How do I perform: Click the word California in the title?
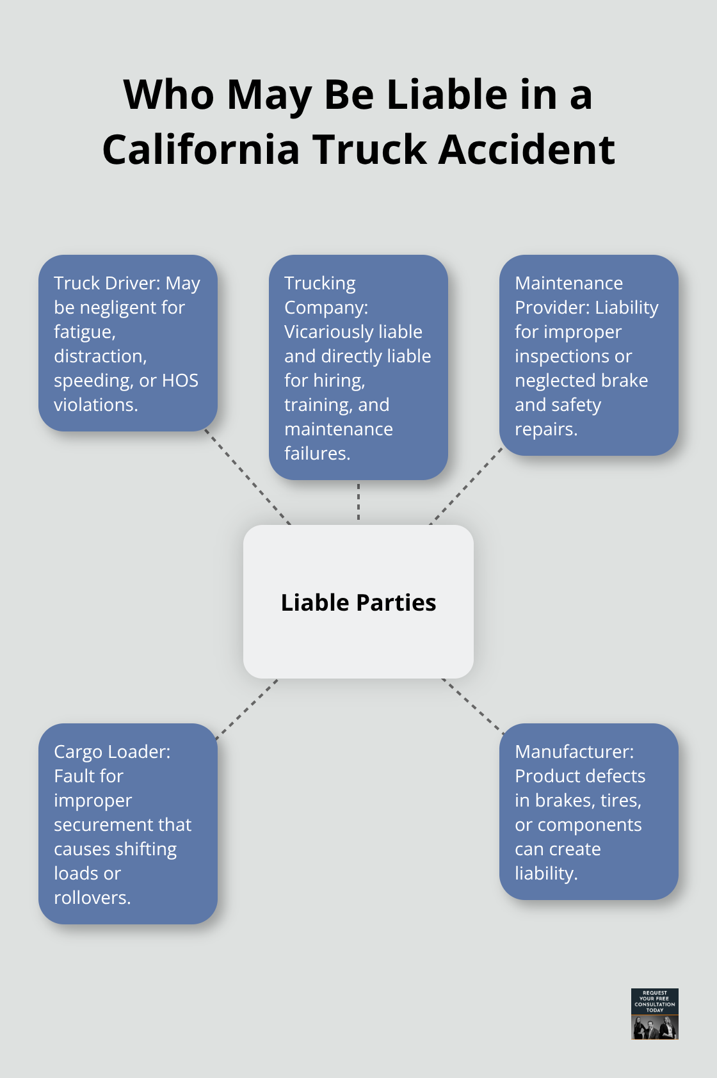point(201,150)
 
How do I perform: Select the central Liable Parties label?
point(358,602)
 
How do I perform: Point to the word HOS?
point(180,380)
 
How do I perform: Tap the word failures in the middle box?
point(316,453)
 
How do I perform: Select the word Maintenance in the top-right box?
point(568,283)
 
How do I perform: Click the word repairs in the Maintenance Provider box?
point(545,429)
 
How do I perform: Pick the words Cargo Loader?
point(111,752)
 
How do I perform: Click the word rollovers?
point(92,897)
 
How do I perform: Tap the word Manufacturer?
point(574,752)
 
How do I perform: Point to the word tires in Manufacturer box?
point(620,800)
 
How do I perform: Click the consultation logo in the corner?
point(654,1013)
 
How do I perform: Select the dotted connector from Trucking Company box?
point(358,502)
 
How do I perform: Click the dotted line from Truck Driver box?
point(248,477)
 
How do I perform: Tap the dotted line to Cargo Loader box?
point(247,709)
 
